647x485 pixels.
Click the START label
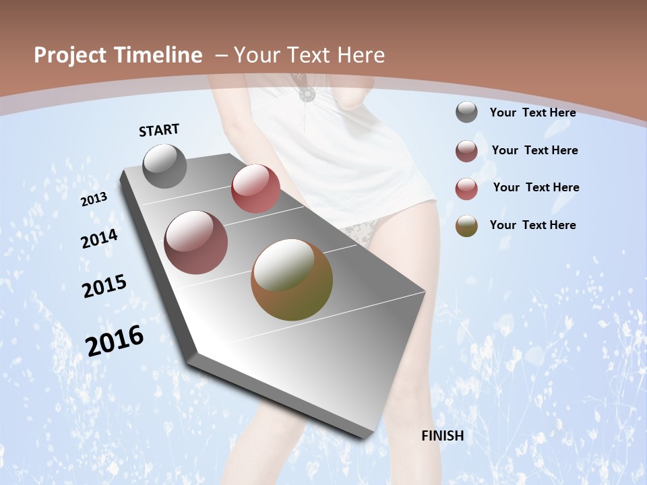(x=159, y=130)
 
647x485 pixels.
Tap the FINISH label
(x=442, y=435)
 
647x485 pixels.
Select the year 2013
(x=94, y=199)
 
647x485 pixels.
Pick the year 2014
(x=100, y=239)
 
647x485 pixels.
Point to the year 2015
(x=104, y=286)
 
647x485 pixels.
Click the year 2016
(x=115, y=341)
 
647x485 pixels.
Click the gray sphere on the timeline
(x=164, y=166)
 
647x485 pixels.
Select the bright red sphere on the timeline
(x=255, y=189)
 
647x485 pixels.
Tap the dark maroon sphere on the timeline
(x=195, y=243)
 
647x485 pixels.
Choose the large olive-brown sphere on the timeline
(x=292, y=280)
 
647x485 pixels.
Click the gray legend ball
(x=466, y=112)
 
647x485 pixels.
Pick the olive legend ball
(x=466, y=225)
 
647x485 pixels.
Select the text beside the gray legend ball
(x=532, y=112)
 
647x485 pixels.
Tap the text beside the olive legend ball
(x=532, y=225)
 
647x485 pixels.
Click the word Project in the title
(x=69, y=55)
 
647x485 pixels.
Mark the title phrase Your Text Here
(x=309, y=55)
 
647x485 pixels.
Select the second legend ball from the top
(x=466, y=150)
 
